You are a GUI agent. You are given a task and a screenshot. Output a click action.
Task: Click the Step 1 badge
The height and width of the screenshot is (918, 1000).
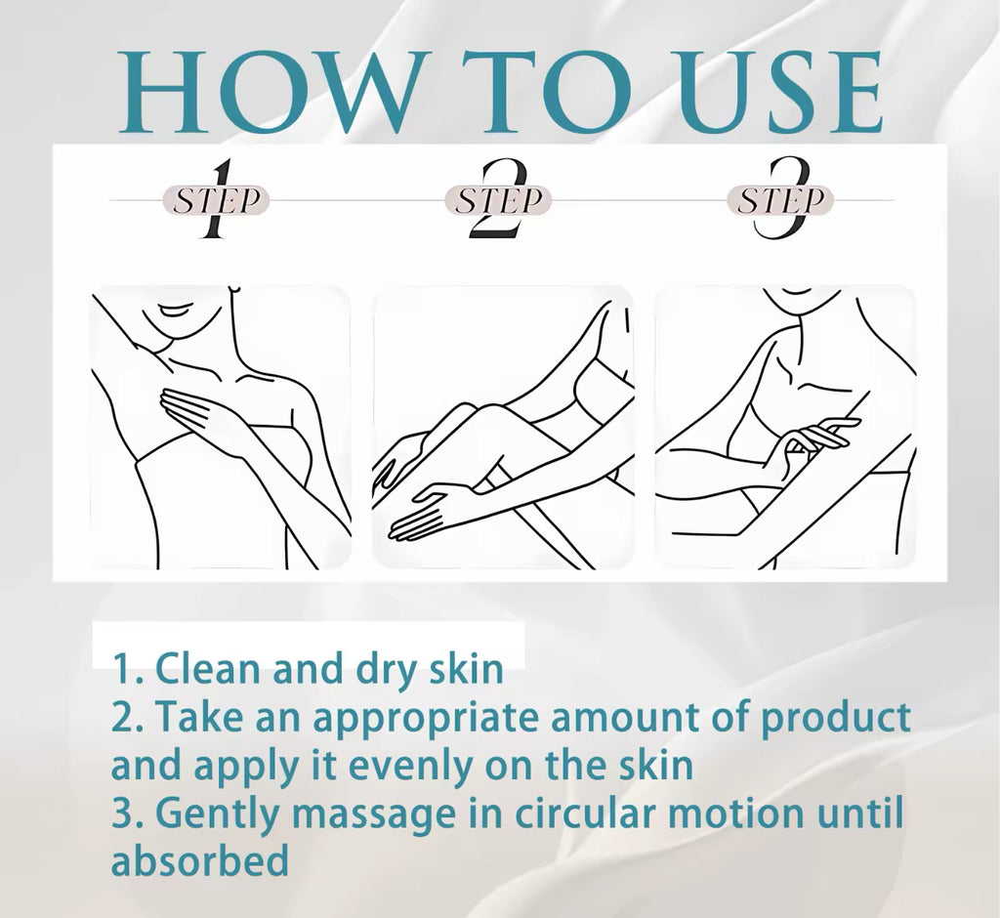tap(217, 200)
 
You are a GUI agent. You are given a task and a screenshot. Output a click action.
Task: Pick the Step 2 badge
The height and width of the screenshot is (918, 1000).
tap(498, 200)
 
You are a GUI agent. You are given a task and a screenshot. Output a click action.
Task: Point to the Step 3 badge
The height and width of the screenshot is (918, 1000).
tap(779, 200)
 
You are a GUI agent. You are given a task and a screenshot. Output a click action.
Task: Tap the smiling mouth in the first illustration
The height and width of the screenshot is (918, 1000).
tap(173, 313)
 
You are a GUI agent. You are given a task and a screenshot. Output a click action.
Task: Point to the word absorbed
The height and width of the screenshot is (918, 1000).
tap(200, 862)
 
